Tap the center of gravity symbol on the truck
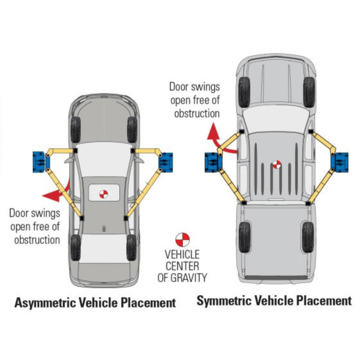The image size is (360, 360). pos(276,165)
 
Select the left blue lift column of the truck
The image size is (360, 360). pos(212,161)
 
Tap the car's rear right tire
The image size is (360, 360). pos(132,247)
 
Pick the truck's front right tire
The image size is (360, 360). pos(309,92)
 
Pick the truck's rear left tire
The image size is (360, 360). pos(244,237)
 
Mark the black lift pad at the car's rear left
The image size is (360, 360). pos(82,218)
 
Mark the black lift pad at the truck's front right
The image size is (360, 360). pos(310,132)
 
